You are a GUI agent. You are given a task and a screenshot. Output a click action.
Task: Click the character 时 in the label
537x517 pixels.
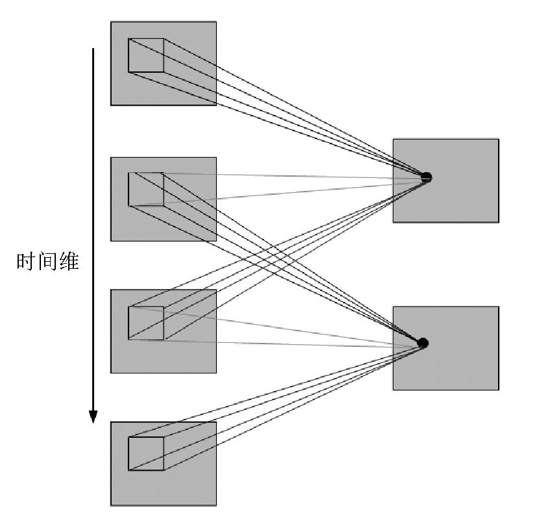coord(25,262)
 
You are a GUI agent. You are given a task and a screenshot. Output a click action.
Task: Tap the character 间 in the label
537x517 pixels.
coord(47,262)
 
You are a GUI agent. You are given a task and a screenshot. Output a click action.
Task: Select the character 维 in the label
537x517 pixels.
coord(68,262)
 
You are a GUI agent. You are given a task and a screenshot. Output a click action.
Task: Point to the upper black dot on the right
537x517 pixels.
coord(426,177)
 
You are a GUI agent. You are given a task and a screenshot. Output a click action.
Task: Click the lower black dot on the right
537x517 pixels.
coord(423,343)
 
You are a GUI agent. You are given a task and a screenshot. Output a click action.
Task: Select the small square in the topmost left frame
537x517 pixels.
coord(145,56)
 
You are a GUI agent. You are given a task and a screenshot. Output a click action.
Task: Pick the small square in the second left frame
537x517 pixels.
coord(145,189)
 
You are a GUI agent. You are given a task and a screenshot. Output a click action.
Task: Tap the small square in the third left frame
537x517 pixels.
coord(145,323)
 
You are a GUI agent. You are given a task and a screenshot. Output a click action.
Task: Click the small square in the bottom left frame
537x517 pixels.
coord(145,453)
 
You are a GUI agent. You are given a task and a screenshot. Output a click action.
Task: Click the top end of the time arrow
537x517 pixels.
coord(93,49)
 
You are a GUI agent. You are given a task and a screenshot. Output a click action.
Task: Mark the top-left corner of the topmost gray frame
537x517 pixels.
coord(111,23)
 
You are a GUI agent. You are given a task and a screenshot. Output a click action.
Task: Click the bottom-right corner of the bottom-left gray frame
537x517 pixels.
coord(216,505)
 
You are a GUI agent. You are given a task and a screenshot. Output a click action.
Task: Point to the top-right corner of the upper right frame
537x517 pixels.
coord(499,139)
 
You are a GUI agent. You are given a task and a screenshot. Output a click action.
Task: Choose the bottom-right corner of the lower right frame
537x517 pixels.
coord(499,390)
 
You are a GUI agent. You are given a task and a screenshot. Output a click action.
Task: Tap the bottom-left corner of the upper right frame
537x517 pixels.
coord(393,222)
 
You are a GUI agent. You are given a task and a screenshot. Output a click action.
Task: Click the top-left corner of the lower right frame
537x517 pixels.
coord(393,307)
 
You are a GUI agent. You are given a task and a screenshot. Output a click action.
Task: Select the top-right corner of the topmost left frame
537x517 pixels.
coord(216,23)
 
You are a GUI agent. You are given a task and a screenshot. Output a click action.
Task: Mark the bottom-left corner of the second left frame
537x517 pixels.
coord(111,241)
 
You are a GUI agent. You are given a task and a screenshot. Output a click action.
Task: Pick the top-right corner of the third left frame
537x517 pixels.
coord(216,290)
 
